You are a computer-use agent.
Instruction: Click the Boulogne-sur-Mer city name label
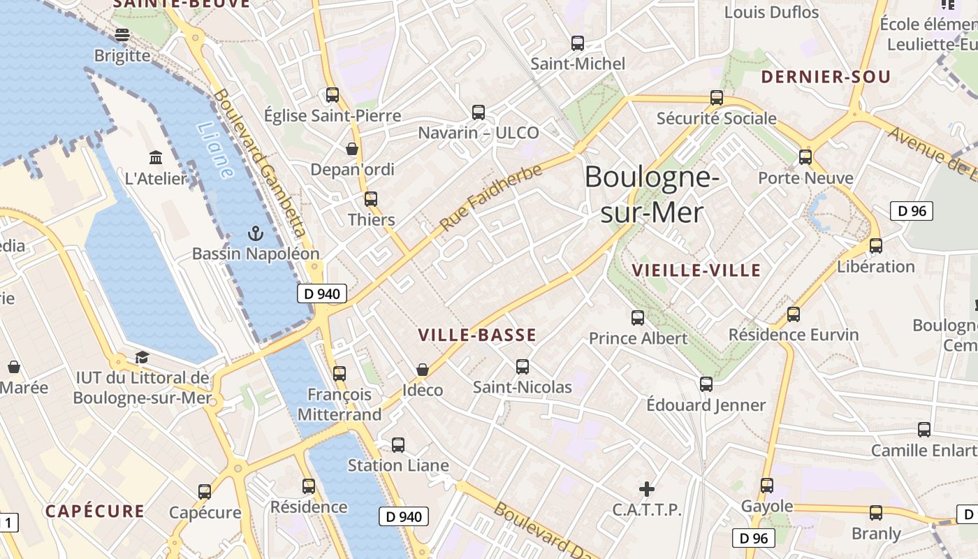coord(651,194)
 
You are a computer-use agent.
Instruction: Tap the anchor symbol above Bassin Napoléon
coord(255,233)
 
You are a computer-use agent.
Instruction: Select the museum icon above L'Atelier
coord(156,157)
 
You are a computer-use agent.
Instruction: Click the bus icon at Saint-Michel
coord(578,43)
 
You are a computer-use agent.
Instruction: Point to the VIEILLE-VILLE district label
coord(696,270)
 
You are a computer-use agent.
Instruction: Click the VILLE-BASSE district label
coord(477,335)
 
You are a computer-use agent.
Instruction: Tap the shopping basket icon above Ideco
coord(422,369)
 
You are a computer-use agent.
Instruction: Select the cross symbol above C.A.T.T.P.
coord(647,488)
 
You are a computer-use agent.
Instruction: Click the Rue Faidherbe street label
coord(491,198)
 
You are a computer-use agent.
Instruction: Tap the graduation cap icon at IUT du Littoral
coord(142,357)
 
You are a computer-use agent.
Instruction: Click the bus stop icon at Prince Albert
coord(638,318)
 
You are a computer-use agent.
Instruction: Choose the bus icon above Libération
coord(875,246)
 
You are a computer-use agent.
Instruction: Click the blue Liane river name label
coord(214,150)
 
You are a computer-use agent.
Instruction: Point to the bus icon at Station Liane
coord(398,444)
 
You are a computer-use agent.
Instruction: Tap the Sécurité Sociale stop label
coord(716,118)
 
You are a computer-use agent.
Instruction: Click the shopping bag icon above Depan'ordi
coord(352,149)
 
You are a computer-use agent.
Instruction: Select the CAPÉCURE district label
coord(95,511)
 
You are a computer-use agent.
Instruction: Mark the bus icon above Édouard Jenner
coord(706,384)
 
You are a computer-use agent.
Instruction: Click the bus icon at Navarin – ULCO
coord(479,112)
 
